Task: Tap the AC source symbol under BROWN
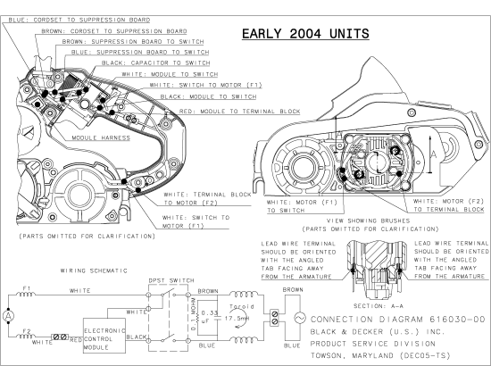pyautogui.click(x=297, y=318)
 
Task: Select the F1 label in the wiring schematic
pyautogui.click(x=28, y=287)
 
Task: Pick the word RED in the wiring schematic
pyautogui.click(x=78, y=340)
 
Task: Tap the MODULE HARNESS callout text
pyautogui.click(x=102, y=138)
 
